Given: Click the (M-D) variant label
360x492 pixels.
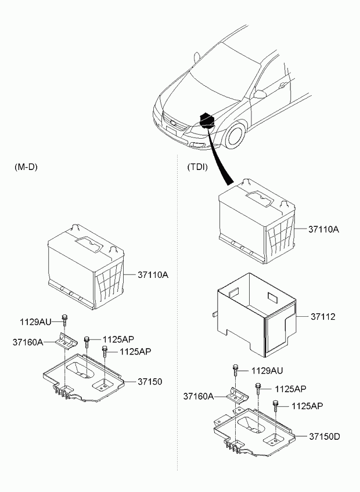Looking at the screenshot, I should tap(26, 167).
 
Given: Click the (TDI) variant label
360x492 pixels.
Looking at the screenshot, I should tap(197, 167).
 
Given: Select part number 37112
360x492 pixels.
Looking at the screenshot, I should tap(323, 317).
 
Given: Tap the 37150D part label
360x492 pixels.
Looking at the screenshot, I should tap(324, 436).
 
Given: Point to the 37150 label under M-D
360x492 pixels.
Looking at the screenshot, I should tap(150, 381).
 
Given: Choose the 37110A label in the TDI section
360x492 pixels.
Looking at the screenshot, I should tap(323, 229).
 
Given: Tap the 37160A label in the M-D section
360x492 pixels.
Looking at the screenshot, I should tap(28, 342).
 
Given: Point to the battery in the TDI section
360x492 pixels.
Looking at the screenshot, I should tap(256, 220).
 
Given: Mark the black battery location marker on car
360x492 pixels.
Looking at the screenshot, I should tap(207, 121).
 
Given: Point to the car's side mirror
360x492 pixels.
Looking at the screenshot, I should tap(260, 93).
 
